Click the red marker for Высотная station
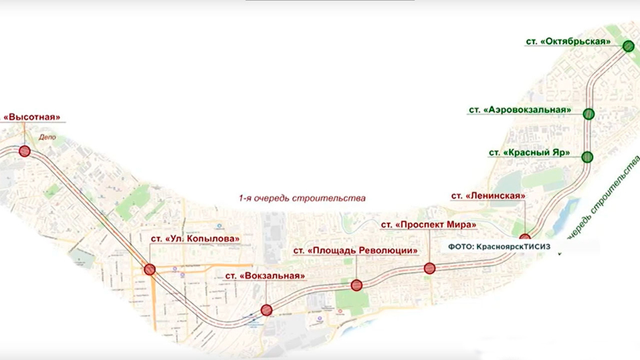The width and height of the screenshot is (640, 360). [25, 151]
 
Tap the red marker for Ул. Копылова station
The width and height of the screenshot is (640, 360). [150, 270]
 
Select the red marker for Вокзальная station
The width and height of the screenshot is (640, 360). [266, 309]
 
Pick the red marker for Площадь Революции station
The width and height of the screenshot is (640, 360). [356, 285]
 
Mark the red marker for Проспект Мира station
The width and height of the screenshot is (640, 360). [429, 268]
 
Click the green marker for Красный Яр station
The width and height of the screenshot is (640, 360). [587, 157]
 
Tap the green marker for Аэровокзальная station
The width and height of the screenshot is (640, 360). [589, 114]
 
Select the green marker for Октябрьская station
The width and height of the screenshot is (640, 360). [628, 46]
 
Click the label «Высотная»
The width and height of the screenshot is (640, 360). [35, 117]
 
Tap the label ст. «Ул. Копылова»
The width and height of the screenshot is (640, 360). [191, 239]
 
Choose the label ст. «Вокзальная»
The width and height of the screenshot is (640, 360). [265, 275]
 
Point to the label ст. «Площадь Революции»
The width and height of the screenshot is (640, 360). [356, 250]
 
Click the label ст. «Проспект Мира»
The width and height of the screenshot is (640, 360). [429, 224]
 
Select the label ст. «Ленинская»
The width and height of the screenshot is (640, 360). [488, 195]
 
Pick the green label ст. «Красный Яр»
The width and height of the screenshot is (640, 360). [530, 153]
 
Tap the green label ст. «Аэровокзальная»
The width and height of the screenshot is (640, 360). [520, 109]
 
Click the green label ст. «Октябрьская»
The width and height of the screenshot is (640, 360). [568, 41]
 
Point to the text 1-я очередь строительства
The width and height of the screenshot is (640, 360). [303, 199]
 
